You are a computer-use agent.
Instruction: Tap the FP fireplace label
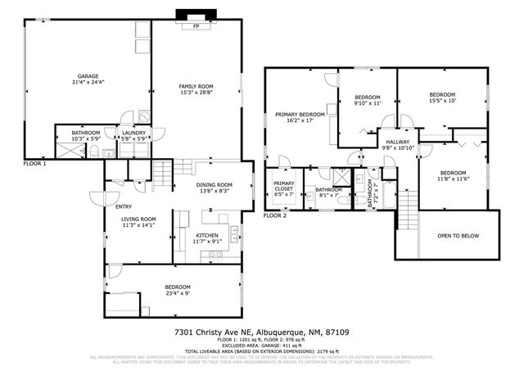coord(196,26)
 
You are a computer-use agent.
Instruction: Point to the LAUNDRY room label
coord(133,133)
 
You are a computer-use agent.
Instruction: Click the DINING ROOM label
coord(214,185)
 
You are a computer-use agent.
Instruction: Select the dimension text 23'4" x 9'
coord(177,293)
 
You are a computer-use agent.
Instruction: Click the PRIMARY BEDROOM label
coord(300,114)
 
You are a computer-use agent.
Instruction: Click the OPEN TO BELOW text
coord(458,236)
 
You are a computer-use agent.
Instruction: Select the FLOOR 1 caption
coord(34,164)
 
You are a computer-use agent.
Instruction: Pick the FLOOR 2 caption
coord(274,215)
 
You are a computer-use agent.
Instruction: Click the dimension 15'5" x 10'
coord(441,101)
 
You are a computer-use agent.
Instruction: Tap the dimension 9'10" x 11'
coord(368,103)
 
